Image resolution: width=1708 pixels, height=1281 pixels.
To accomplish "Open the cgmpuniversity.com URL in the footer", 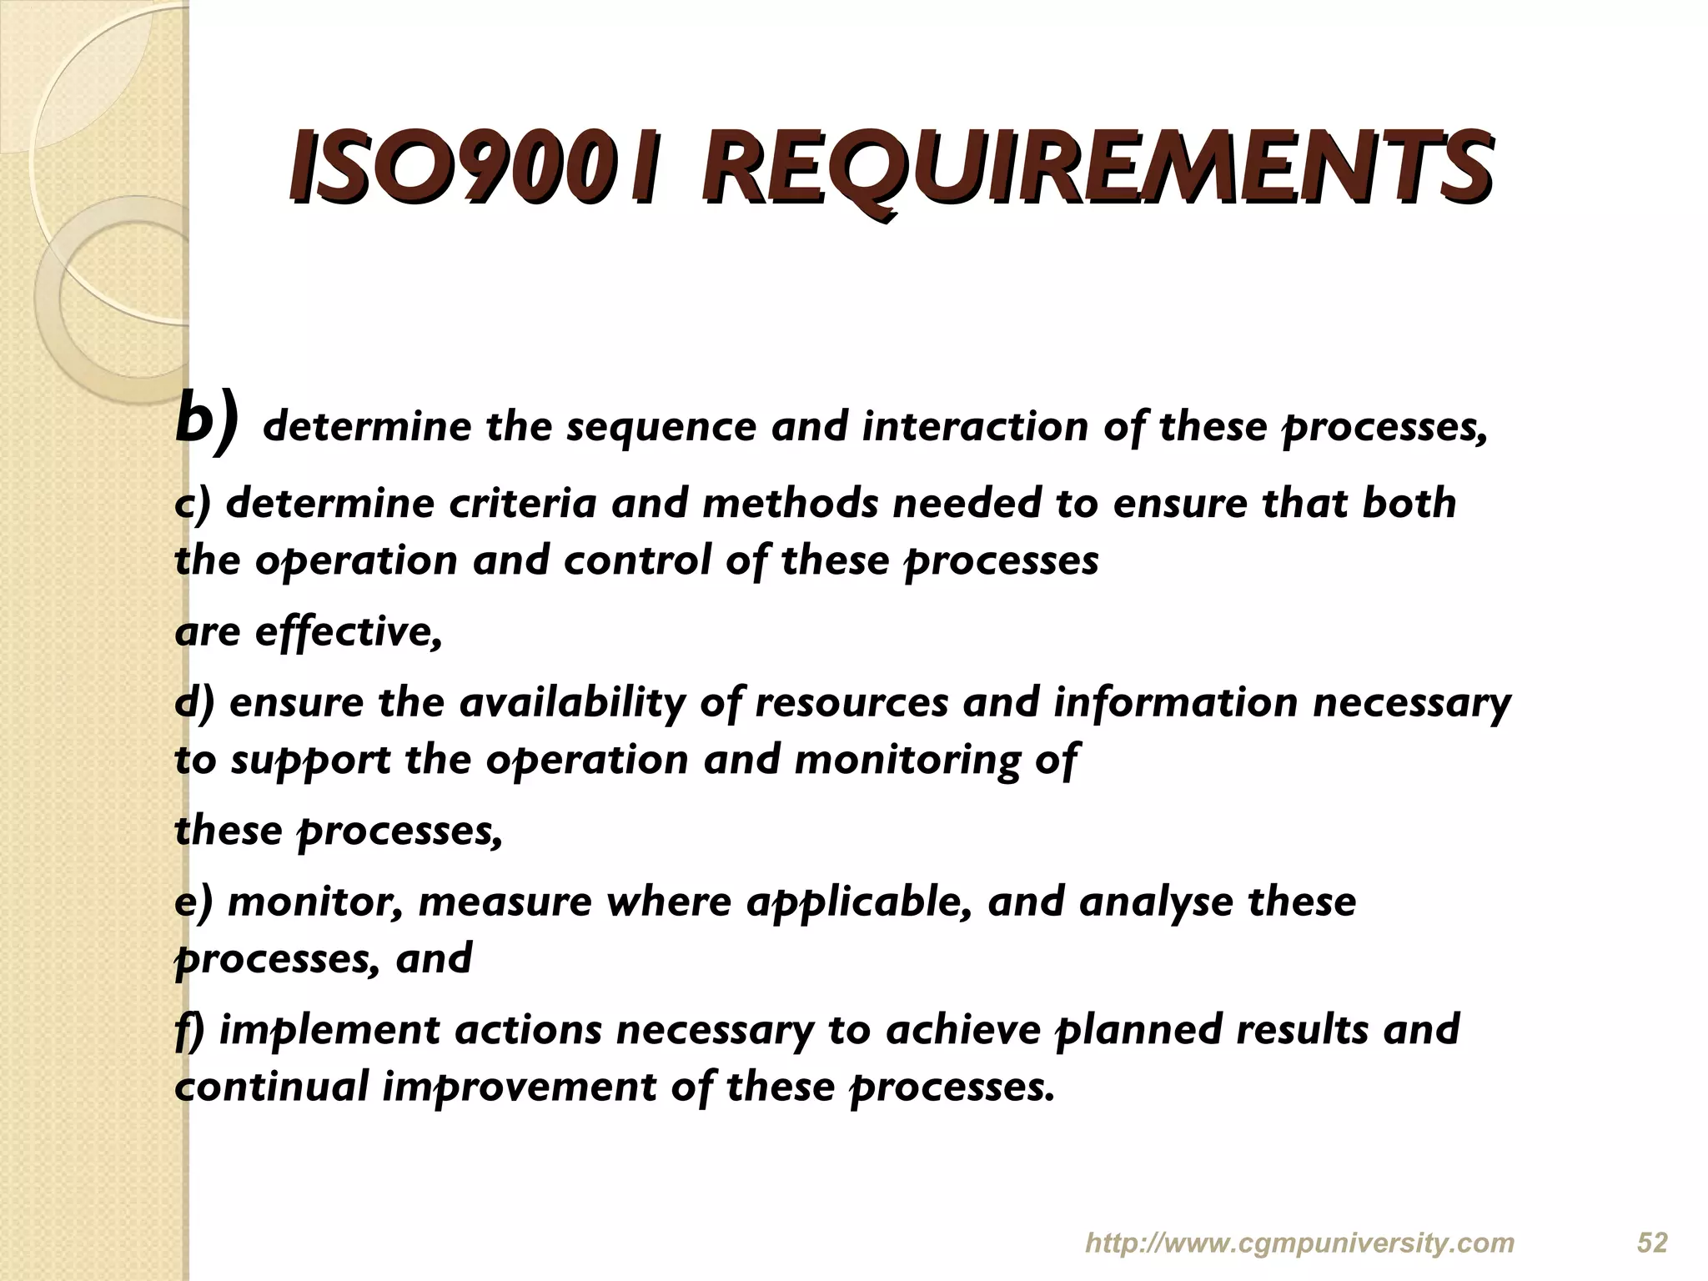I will [x=1299, y=1243].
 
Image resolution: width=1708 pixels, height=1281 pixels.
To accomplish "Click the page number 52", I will [x=1652, y=1243].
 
